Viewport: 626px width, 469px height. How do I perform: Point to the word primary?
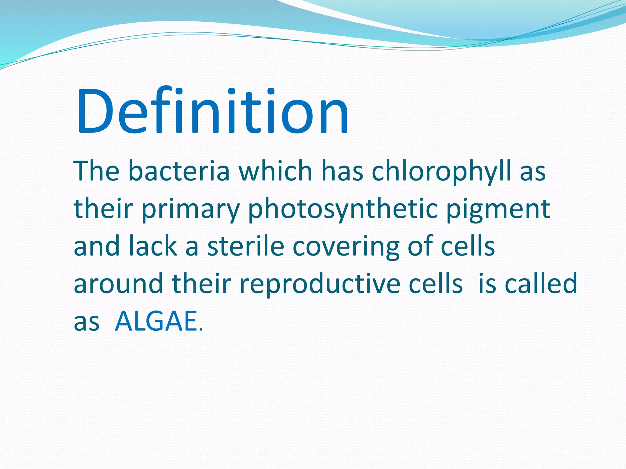click(x=190, y=210)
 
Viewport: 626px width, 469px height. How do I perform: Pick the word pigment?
click(x=498, y=210)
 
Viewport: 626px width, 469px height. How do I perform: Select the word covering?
click(x=346, y=247)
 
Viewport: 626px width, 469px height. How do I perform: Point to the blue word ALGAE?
click(x=156, y=321)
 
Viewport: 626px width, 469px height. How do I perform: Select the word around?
click(x=119, y=284)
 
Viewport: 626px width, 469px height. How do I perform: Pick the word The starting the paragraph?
click(x=96, y=171)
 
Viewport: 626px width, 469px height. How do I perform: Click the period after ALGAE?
click(x=201, y=329)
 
